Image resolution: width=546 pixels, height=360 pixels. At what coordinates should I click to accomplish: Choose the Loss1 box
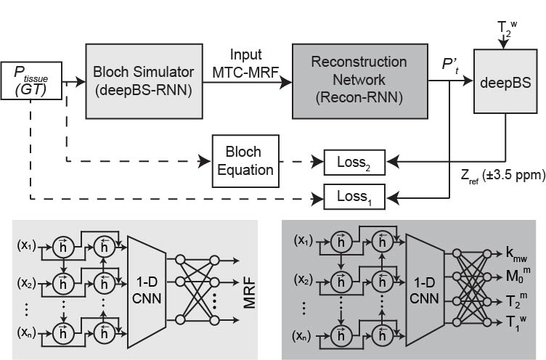[x=352, y=195]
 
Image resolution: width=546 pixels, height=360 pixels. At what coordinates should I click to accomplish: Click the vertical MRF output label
[x=250, y=286]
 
